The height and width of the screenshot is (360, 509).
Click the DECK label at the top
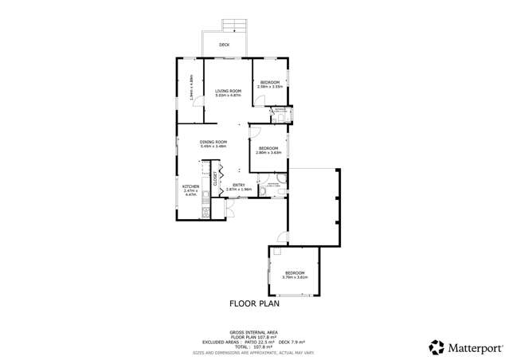pyautogui.click(x=225, y=45)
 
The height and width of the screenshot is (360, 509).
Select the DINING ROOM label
pyautogui.click(x=213, y=142)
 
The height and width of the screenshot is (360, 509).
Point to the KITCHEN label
pyautogui.click(x=190, y=186)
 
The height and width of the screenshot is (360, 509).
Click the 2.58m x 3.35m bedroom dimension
pyautogui.click(x=270, y=87)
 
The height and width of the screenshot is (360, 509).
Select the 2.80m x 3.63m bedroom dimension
pyautogui.click(x=268, y=153)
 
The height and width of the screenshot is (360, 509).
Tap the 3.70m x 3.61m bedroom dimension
pyautogui.click(x=295, y=277)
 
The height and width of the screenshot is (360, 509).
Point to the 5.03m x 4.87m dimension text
pyautogui.click(x=228, y=95)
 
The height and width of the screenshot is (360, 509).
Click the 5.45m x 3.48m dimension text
pyautogui.click(x=213, y=146)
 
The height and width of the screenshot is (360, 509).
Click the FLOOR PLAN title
pyautogui.click(x=254, y=303)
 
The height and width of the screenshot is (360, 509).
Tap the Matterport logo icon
pyautogui.click(x=437, y=347)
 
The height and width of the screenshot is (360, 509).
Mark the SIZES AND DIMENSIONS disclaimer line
pyautogui.click(x=254, y=351)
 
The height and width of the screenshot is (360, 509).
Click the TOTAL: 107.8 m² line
pyautogui.click(x=254, y=346)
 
